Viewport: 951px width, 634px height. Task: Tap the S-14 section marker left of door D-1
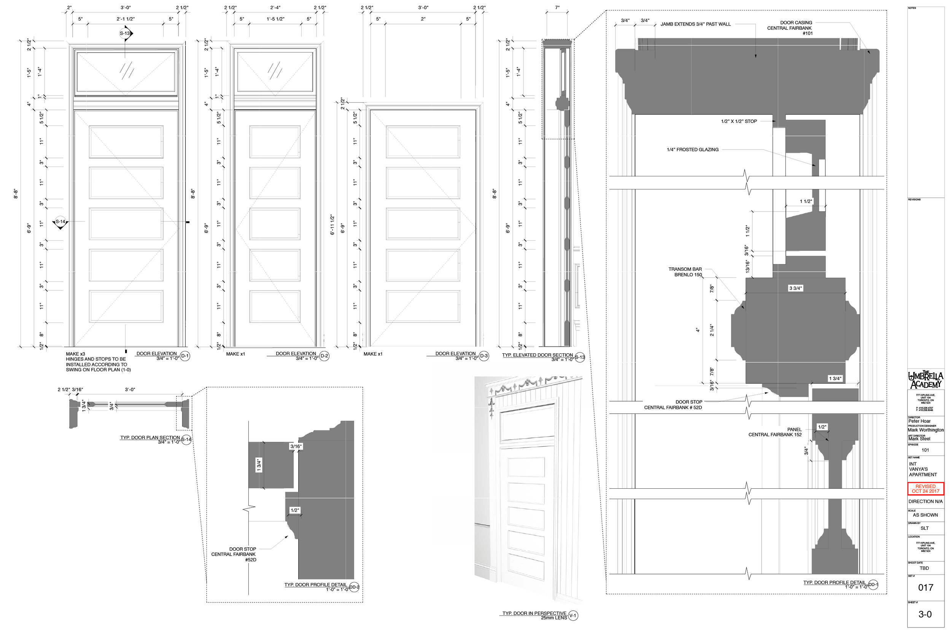pos(60,222)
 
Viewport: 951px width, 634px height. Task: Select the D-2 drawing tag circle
pos(324,356)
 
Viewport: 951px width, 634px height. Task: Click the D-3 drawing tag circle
pos(484,356)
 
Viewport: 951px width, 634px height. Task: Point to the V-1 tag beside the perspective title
pos(573,616)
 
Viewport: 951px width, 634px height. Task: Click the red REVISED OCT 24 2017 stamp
pos(926,489)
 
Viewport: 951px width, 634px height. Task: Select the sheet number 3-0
pos(925,615)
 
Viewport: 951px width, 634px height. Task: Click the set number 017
pos(926,588)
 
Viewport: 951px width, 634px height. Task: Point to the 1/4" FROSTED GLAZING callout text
pos(693,149)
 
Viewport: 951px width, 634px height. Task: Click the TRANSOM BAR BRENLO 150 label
pos(685,272)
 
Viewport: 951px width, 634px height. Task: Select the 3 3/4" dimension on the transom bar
pos(795,288)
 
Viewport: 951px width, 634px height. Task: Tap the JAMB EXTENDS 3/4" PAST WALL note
pos(695,24)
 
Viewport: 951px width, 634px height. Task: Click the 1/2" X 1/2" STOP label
pos(739,121)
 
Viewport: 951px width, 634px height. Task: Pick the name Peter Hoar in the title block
pos(919,421)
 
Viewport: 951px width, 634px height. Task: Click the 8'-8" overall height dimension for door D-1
pos(16,193)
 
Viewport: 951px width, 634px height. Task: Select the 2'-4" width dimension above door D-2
pos(275,8)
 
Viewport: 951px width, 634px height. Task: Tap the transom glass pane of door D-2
pos(275,72)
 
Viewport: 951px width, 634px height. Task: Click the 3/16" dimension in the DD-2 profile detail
pos(296,447)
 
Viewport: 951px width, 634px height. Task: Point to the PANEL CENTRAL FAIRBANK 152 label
pos(775,432)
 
